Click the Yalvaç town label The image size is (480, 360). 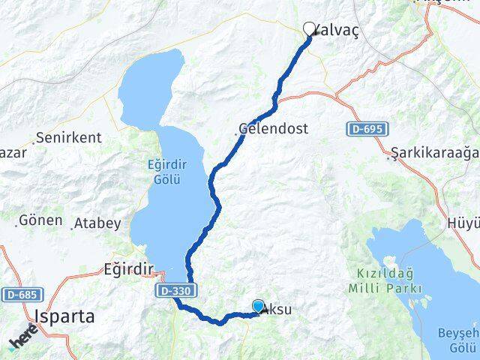pyautogui.click(x=336, y=30)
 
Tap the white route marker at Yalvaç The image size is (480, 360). pyautogui.click(x=309, y=28)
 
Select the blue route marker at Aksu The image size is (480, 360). pyautogui.click(x=258, y=306)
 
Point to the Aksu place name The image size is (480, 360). pyautogui.click(x=277, y=310)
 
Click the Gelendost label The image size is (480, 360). pyautogui.click(x=274, y=128)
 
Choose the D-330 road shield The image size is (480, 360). pyautogui.click(x=175, y=289)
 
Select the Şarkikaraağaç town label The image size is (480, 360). pyautogui.click(x=435, y=154)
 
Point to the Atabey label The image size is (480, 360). pyautogui.click(x=97, y=223)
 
